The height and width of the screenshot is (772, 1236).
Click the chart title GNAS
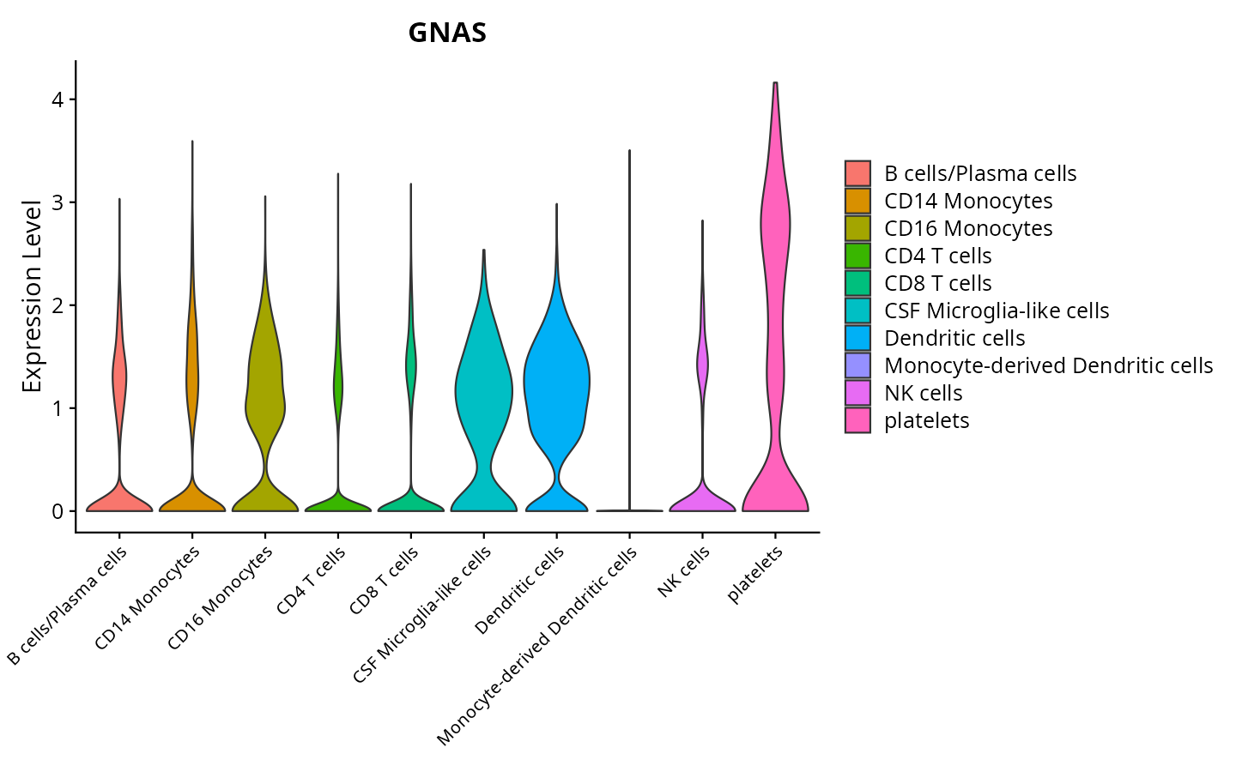[447, 33]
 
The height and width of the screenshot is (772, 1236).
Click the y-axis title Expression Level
[32, 296]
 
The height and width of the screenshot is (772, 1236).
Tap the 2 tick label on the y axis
[58, 305]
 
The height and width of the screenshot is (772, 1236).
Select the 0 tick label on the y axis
[58, 511]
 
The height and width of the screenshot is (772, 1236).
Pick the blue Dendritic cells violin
[557, 386]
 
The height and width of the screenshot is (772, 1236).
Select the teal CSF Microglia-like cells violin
[484, 386]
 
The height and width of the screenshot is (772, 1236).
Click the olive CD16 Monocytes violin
[265, 386]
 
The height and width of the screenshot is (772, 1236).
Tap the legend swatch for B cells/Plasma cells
[857, 173]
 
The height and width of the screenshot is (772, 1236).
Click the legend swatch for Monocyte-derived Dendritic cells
[857, 365]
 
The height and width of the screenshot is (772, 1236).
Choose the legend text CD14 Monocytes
[968, 201]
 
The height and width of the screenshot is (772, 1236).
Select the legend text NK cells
[923, 393]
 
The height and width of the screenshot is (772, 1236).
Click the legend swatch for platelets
[857, 420]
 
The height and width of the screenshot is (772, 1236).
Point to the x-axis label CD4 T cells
[312, 581]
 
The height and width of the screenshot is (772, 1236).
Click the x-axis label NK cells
[684, 572]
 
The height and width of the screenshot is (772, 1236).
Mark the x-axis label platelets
[755, 575]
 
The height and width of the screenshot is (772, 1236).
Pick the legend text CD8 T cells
[937, 283]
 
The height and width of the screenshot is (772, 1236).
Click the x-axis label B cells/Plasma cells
[68, 605]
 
